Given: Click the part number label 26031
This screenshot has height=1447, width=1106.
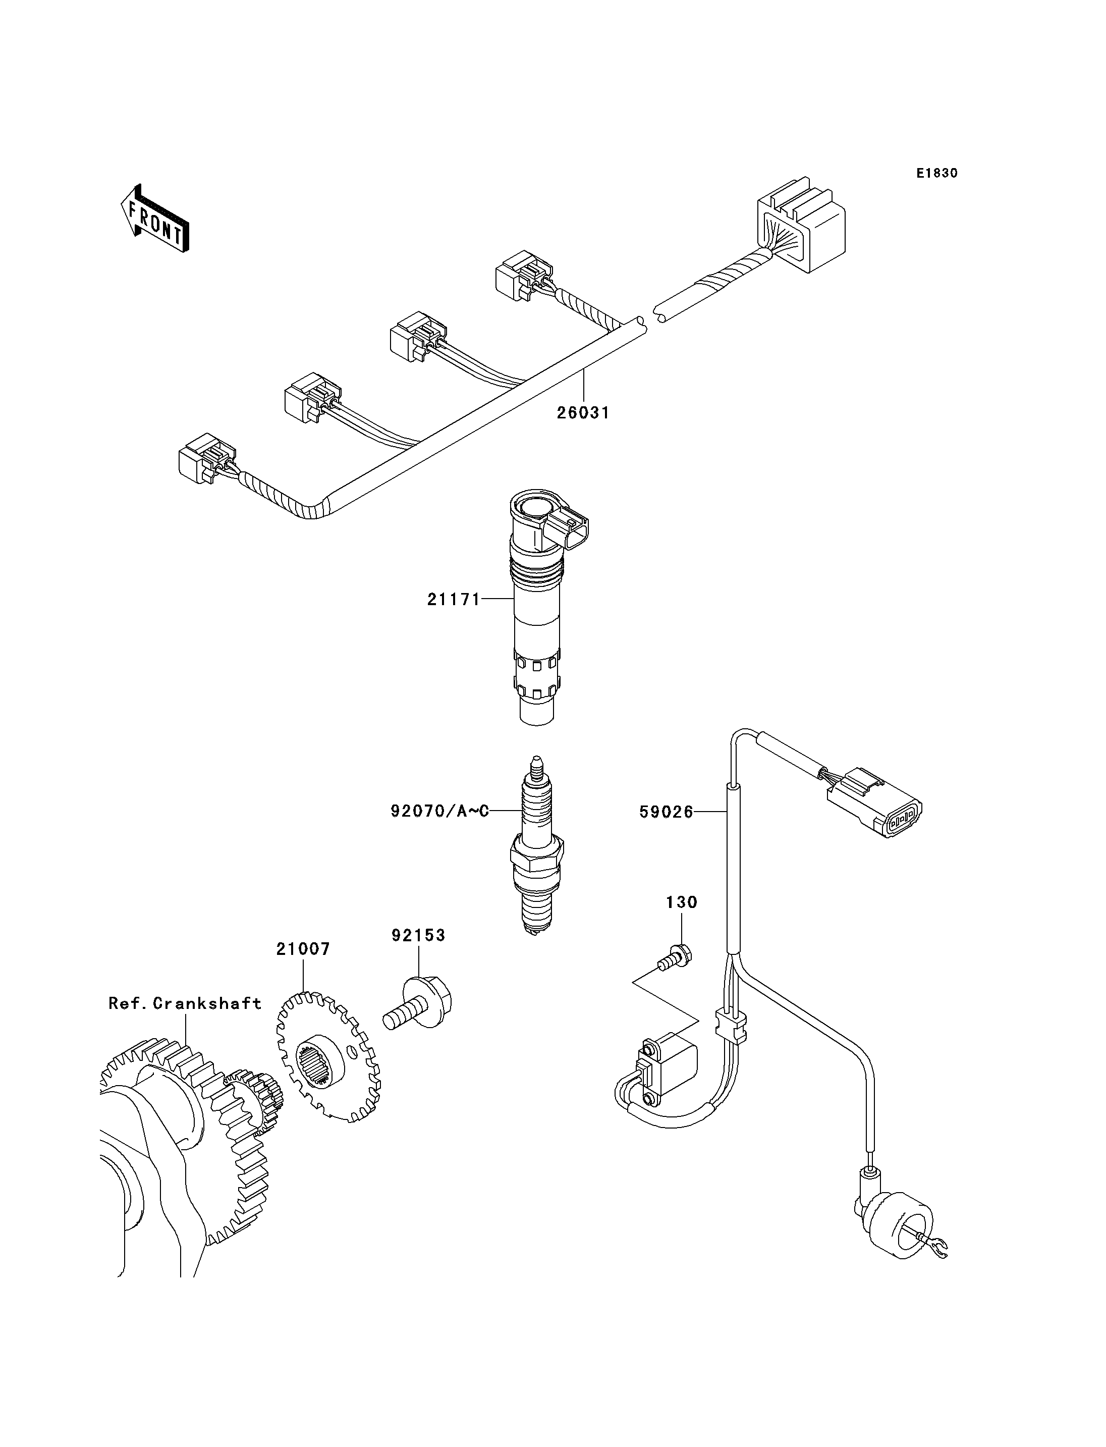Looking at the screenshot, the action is (x=583, y=413).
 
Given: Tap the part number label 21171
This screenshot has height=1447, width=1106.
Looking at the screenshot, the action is (x=454, y=600).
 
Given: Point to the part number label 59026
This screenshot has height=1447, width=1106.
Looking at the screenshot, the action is (x=666, y=813).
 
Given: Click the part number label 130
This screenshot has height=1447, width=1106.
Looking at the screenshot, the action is (x=681, y=902).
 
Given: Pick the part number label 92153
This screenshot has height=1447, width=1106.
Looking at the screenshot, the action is (x=419, y=935).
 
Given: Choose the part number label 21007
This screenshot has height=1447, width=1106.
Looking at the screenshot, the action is (x=303, y=949).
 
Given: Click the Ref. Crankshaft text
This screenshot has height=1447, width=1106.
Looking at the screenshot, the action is (x=185, y=1003).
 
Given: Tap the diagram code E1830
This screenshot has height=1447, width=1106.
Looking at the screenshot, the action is (x=937, y=173).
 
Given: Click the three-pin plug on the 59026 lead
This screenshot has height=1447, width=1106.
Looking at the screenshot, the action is (x=875, y=801).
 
